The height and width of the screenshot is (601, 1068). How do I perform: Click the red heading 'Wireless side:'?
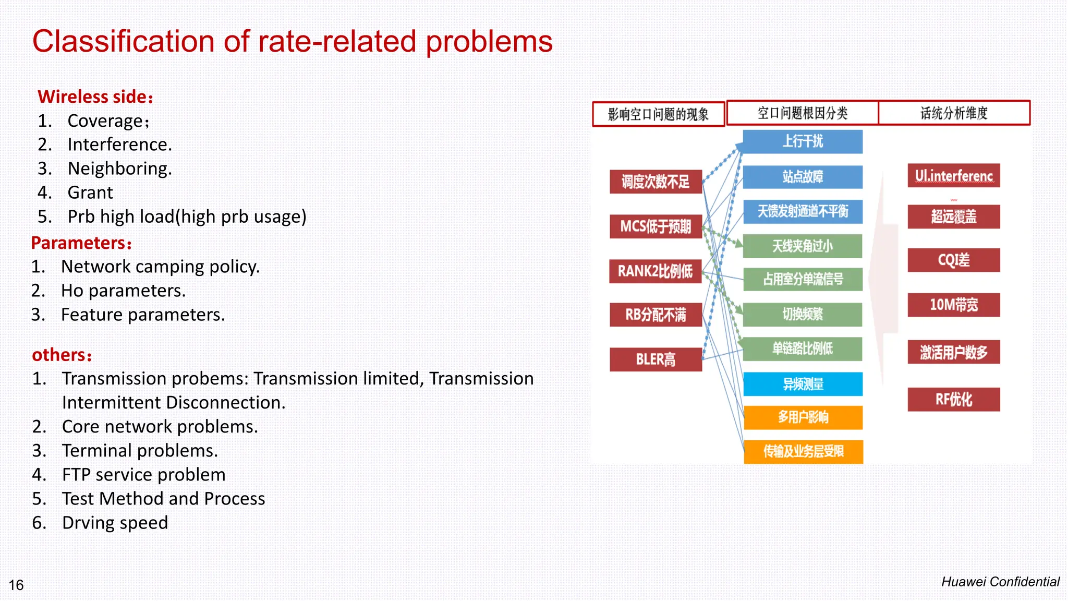pyautogui.click(x=95, y=97)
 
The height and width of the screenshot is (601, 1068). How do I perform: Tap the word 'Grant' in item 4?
pyautogui.click(x=90, y=193)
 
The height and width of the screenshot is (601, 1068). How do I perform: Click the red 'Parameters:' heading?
pyautogui.click(x=81, y=243)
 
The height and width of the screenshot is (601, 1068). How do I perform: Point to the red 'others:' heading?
pyautogui.click(x=62, y=355)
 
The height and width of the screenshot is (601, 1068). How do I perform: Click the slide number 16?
pyautogui.click(x=16, y=585)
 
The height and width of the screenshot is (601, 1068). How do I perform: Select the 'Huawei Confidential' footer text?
pyautogui.click(x=1000, y=582)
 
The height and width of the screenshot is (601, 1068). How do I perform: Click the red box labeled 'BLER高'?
pyautogui.click(x=656, y=359)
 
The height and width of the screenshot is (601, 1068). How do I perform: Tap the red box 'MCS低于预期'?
pyautogui.click(x=656, y=226)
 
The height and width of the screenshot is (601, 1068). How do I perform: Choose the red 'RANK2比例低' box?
pyautogui.click(x=656, y=271)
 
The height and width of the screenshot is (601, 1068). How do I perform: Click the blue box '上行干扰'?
pyautogui.click(x=803, y=141)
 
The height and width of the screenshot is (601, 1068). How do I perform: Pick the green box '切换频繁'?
pyautogui.click(x=803, y=314)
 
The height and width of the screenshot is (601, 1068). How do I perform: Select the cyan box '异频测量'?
pyautogui.click(x=803, y=384)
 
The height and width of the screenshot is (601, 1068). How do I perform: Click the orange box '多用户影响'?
pyautogui.click(x=803, y=417)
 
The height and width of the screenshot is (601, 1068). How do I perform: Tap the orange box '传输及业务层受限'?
pyautogui.click(x=803, y=452)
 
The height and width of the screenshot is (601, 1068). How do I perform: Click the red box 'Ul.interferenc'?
pyautogui.click(x=953, y=176)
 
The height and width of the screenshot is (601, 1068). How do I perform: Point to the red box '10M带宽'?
pyautogui.click(x=953, y=305)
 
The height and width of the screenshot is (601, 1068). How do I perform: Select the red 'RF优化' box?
pyautogui.click(x=953, y=400)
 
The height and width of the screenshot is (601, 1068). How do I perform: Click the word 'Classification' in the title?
pyautogui.click(x=123, y=42)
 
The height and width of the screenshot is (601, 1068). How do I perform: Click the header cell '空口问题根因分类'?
pyautogui.click(x=802, y=113)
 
